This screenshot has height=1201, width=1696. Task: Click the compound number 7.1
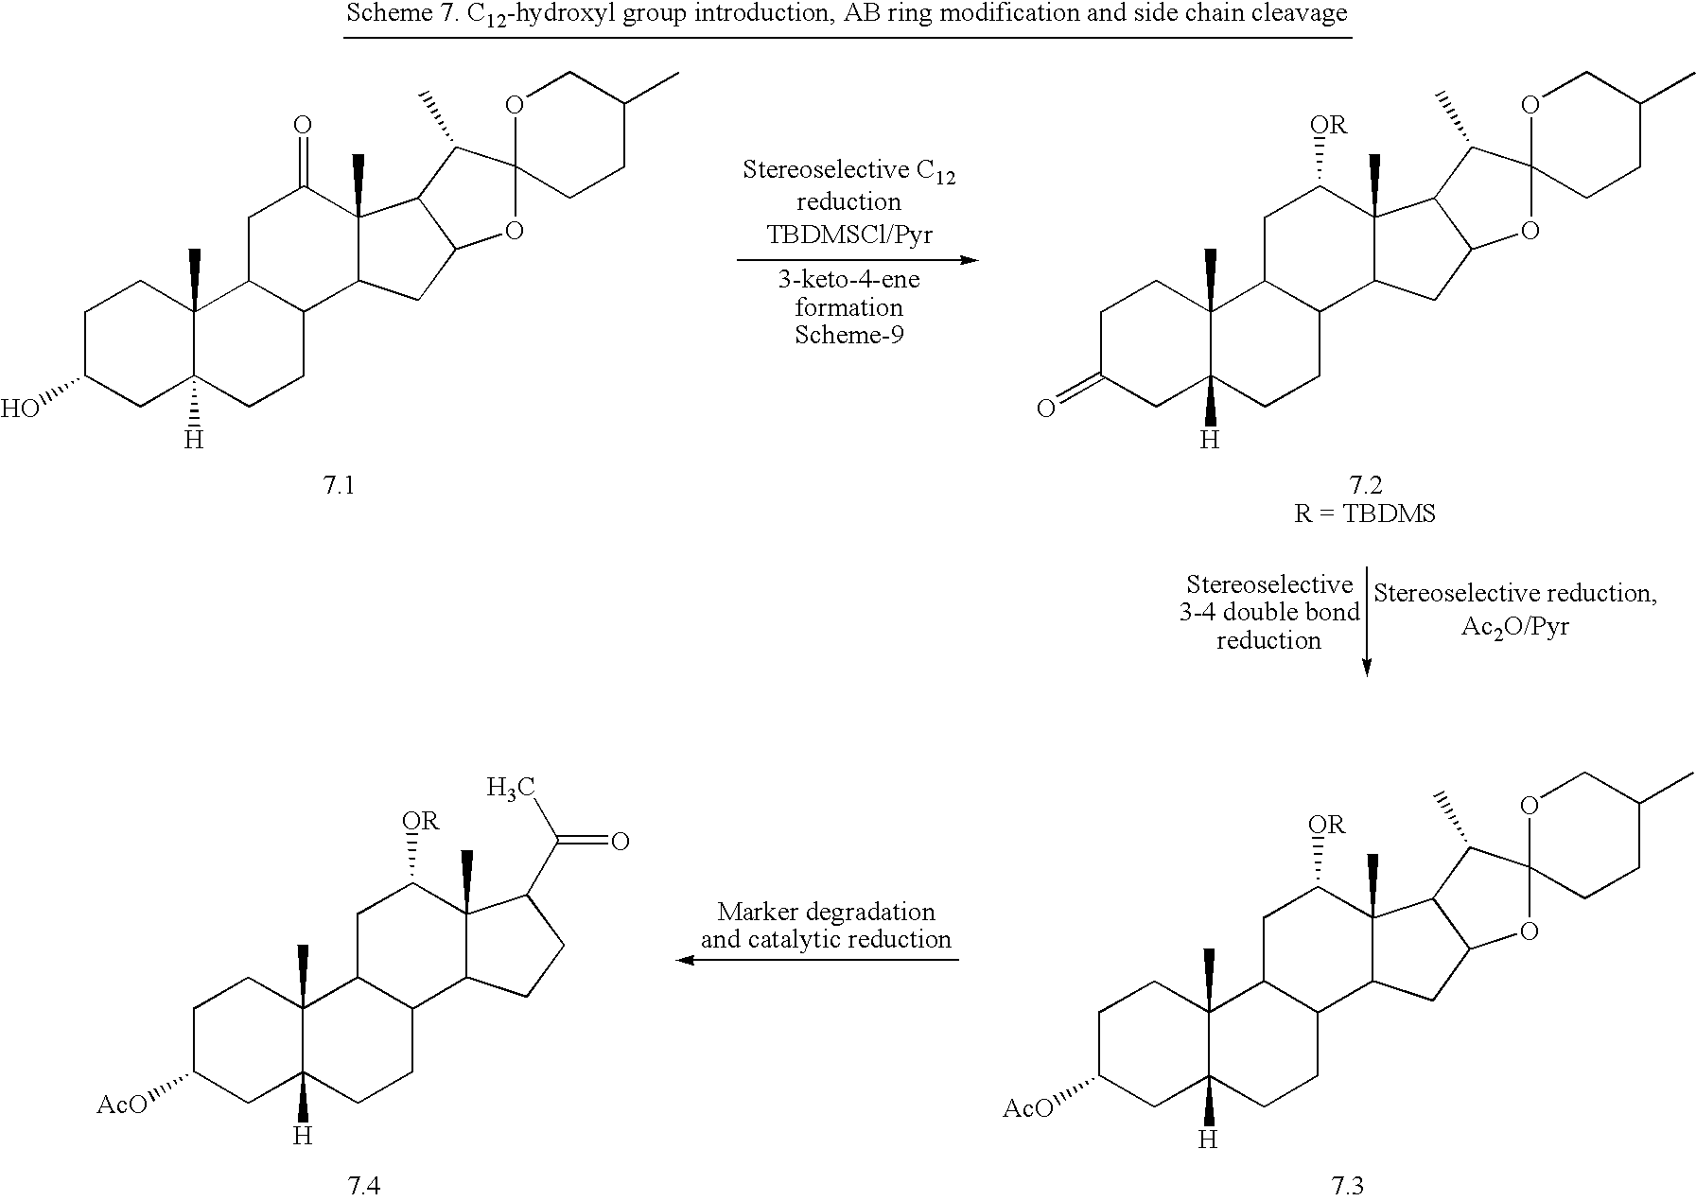339,486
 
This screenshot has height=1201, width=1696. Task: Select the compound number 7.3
1346,1186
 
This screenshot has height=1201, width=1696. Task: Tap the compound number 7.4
364,1186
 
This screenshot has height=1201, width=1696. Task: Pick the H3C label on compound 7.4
511,787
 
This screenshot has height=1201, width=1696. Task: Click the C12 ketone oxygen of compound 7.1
302,124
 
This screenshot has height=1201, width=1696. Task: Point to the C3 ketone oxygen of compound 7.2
1045,409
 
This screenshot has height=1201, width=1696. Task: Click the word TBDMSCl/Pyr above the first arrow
848,235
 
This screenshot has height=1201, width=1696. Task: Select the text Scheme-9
848,335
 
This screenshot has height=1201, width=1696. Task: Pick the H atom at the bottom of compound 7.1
194,441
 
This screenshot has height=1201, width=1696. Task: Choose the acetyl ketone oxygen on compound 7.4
621,841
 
